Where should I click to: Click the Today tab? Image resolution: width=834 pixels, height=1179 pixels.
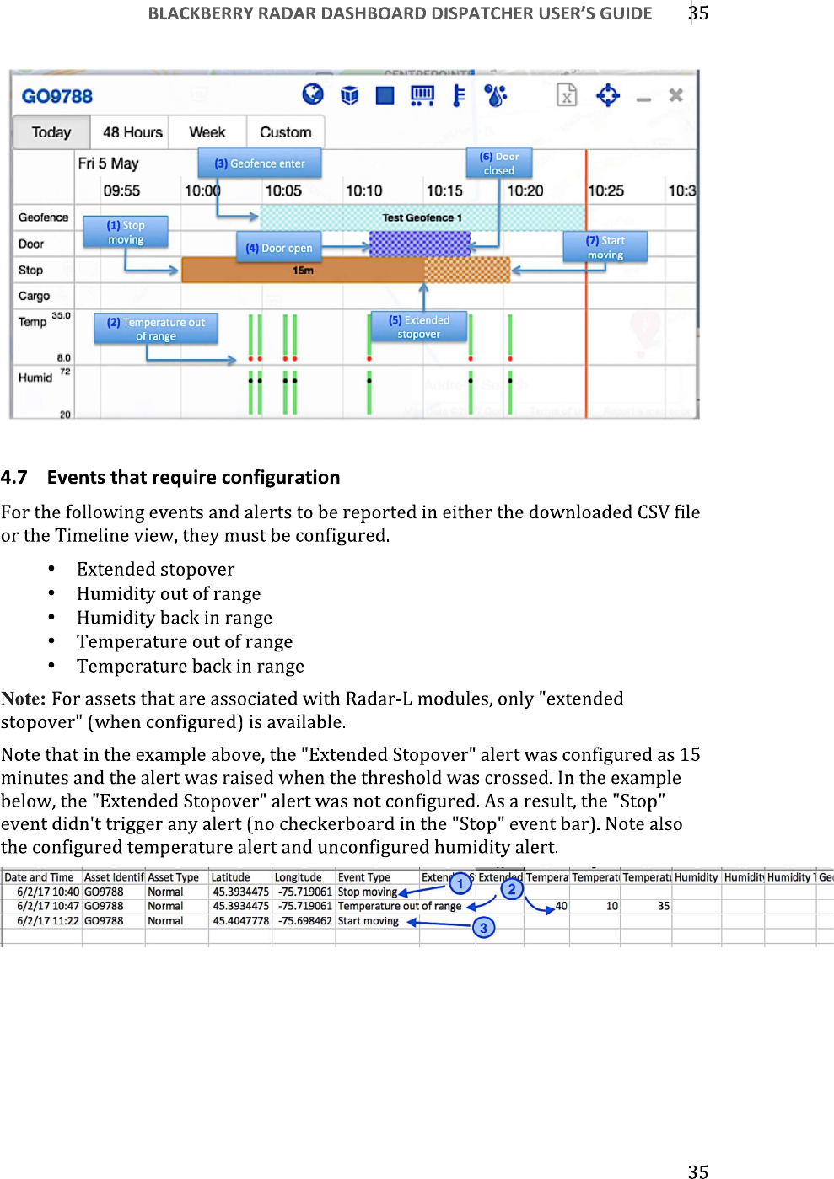point(51,132)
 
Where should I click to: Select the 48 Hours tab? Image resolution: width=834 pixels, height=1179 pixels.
point(132,132)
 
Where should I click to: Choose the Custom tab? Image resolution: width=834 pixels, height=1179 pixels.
point(285,132)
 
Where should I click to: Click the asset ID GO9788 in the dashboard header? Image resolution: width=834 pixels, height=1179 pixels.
point(57,96)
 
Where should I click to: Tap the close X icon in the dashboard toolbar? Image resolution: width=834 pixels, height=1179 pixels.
point(675,95)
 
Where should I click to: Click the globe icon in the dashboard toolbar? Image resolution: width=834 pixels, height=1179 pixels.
point(313,94)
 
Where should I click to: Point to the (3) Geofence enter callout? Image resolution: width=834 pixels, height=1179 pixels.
point(260,163)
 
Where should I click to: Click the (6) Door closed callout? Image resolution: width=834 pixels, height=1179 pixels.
point(499,163)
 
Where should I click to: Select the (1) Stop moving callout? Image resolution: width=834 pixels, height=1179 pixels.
point(126,233)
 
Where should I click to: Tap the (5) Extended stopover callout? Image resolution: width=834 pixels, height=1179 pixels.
point(419,327)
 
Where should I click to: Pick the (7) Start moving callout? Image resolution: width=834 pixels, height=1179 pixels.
point(605,248)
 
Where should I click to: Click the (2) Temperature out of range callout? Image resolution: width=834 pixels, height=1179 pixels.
point(156,329)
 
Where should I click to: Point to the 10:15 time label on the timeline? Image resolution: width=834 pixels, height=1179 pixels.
point(444,190)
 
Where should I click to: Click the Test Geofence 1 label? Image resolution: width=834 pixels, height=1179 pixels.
point(422,217)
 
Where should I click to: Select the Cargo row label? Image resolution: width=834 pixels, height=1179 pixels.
point(35,296)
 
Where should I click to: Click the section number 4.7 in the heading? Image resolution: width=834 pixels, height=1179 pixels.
point(14,478)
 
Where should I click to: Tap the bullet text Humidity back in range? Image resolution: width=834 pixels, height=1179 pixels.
point(175,618)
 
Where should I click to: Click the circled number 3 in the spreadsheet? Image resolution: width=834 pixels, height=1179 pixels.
point(483,928)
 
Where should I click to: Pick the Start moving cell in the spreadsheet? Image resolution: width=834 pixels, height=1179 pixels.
point(369,921)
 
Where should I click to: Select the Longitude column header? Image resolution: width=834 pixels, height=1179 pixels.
point(299,877)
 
